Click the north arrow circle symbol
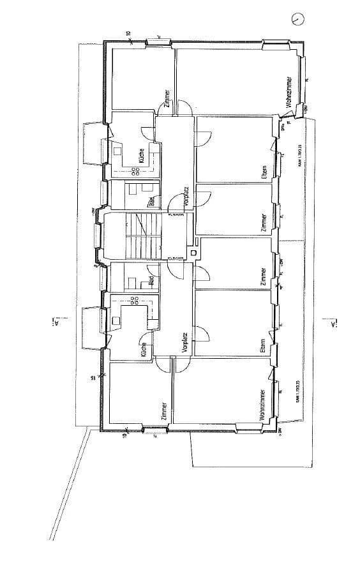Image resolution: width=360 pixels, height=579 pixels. [x=298, y=20]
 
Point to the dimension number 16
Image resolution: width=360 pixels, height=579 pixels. [x=93, y=378]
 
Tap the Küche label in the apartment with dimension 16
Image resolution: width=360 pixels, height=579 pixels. [x=144, y=349]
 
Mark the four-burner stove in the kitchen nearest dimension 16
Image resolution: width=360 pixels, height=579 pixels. [x=136, y=299]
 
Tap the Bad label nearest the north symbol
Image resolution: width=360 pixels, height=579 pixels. [x=151, y=202]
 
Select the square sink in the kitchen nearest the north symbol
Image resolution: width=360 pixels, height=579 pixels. [x=119, y=151]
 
